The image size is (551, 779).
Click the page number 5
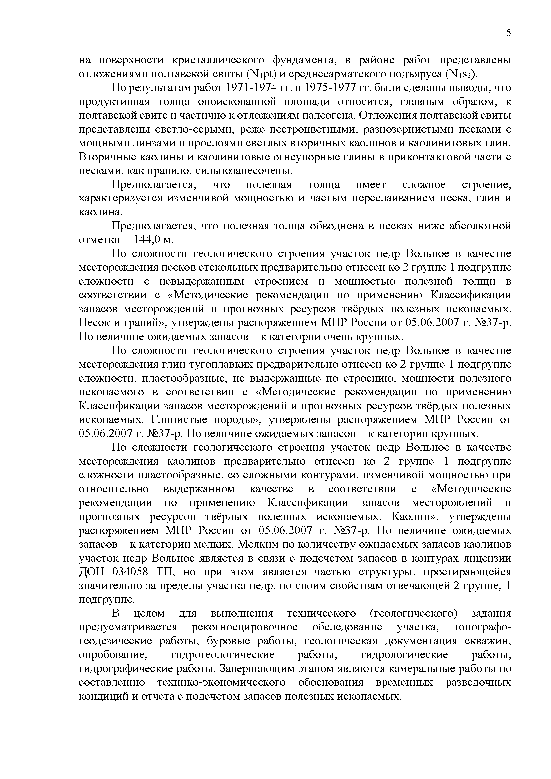pyautogui.click(x=508, y=33)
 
